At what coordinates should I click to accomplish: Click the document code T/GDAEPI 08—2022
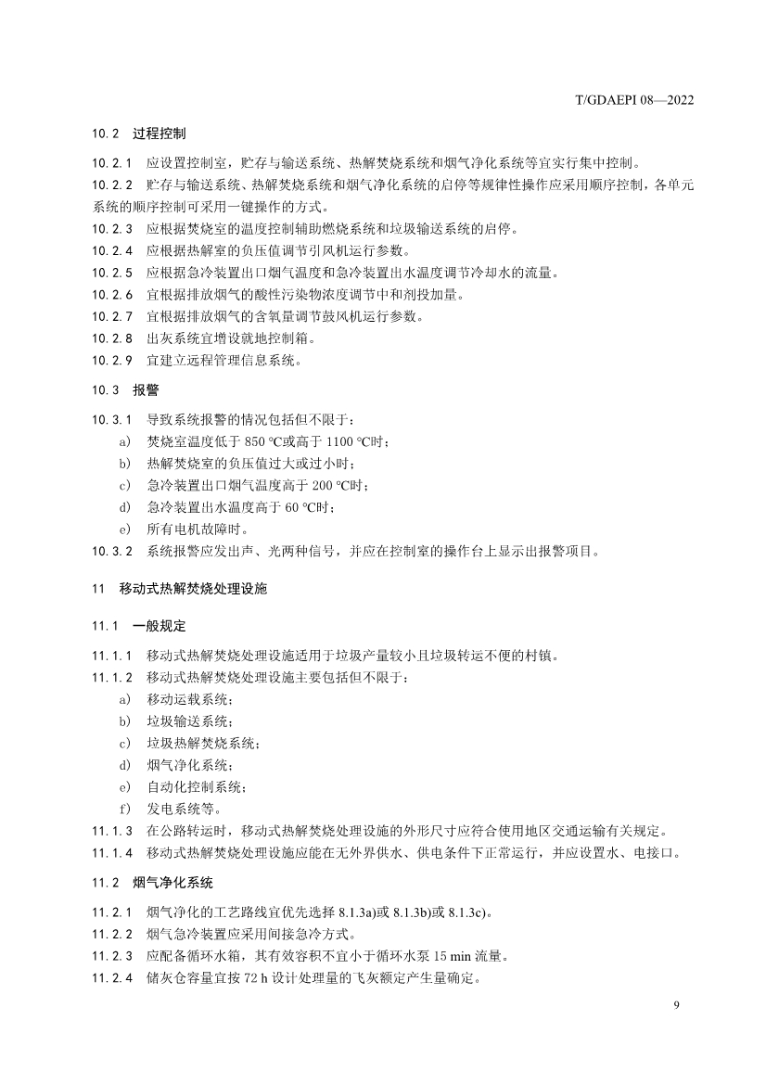636,100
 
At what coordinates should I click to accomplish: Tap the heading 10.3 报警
127,390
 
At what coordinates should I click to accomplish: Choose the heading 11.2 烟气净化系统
152,882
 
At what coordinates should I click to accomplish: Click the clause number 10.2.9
112,361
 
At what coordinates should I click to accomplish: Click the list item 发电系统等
184,808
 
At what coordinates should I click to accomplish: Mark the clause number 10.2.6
112,295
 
